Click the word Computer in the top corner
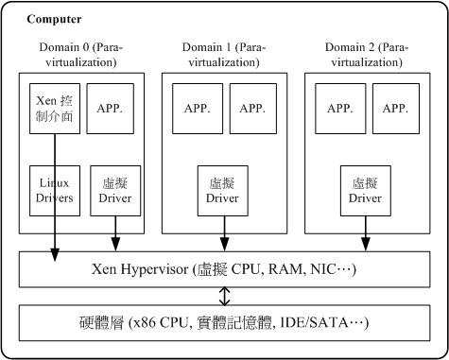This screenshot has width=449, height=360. pos(54,20)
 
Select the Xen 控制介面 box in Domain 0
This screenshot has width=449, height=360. pos(54,108)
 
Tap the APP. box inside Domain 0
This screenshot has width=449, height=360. pos(115,108)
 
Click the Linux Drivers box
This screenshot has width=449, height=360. pos(54,190)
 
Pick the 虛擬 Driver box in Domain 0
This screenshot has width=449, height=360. pos(115,190)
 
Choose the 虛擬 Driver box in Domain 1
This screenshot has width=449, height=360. pos(224,190)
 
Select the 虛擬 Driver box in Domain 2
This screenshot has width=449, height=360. pos(365,190)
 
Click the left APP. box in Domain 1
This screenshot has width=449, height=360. pos(198,108)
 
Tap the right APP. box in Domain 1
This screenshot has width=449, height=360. pos(251,108)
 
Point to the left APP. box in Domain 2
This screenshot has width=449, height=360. pos(338,108)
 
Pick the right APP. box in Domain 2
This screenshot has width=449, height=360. pos(395,108)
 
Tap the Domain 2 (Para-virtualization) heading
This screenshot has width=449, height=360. pos(365,55)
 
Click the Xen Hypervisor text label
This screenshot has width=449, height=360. pos(224,269)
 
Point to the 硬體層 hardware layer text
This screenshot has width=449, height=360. pos(224,323)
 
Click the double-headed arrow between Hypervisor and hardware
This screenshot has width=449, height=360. pos(224,296)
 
